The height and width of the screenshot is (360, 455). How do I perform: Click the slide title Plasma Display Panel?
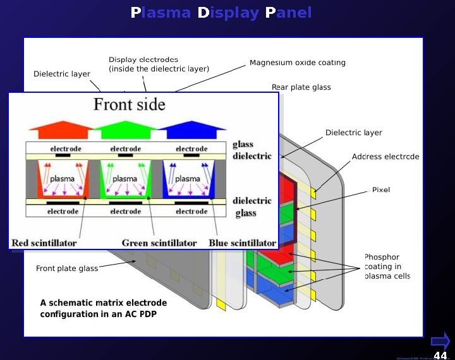[x=221, y=13]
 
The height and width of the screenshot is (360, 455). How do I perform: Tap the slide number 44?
[x=440, y=356]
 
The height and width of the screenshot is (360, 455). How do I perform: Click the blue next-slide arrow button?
[x=440, y=341]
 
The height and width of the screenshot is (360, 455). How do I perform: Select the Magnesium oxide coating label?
[x=297, y=63]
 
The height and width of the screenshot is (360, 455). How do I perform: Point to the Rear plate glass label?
[x=301, y=87]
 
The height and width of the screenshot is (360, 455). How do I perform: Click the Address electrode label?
[x=385, y=157]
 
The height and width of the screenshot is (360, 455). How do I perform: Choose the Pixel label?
[x=381, y=189]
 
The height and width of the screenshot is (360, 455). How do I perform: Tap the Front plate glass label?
[x=67, y=268]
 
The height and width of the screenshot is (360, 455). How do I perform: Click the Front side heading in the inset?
[x=130, y=104]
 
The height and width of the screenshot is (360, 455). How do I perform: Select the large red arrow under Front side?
[x=61, y=130]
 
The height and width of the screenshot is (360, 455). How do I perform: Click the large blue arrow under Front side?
[x=191, y=130]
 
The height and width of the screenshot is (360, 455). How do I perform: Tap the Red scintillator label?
[x=44, y=243]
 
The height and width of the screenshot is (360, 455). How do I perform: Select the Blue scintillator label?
[x=242, y=243]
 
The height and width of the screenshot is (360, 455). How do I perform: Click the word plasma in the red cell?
[x=62, y=179]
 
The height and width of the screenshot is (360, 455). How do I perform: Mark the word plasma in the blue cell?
[x=187, y=179]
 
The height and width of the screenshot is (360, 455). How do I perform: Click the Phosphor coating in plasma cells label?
[x=387, y=267]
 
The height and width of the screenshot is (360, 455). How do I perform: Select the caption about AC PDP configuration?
[x=98, y=308]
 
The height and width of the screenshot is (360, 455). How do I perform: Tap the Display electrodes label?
[x=159, y=64]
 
